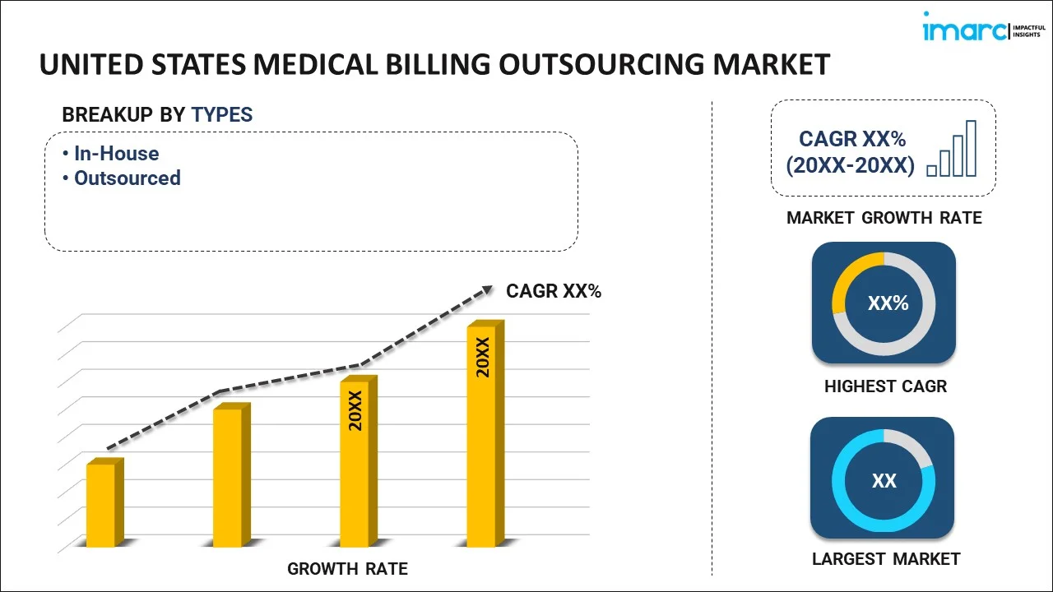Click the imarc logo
pyautogui.click(x=979, y=30)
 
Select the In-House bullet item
pyautogui.click(x=116, y=154)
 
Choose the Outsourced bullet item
pyautogui.click(x=127, y=178)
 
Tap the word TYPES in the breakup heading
pyautogui.click(x=222, y=115)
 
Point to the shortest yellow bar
pyautogui.click(x=101, y=505)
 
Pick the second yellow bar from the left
pyautogui.click(x=228, y=477)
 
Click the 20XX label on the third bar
pyautogui.click(x=355, y=411)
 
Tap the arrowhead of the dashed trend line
pyautogui.click(x=487, y=289)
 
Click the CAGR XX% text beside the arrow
pyautogui.click(x=554, y=291)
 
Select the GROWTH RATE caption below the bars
pyautogui.click(x=347, y=569)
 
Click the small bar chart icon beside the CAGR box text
pyautogui.click(x=952, y=150)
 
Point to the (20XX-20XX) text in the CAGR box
pyautogui.click(x=850, y=166)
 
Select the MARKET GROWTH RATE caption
pyautogui.click(x=884, y=218)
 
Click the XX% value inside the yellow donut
pyautogui.click(x=888, y=303)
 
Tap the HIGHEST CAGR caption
pyautogui.click(x=885, y=386)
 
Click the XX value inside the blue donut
pyautogui.click(x=884, y=481)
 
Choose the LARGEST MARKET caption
pyautogui.click(x=886, y=559)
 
